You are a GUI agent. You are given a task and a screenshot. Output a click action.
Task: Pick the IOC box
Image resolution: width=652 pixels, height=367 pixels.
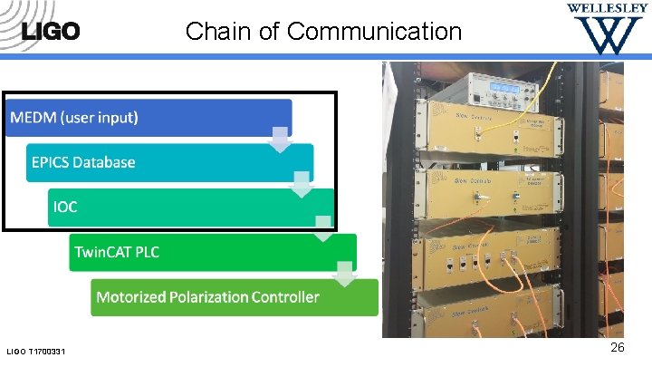[x=190, y=207]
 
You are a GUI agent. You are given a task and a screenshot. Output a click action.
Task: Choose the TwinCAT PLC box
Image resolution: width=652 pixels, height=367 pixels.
[x=213, y=252]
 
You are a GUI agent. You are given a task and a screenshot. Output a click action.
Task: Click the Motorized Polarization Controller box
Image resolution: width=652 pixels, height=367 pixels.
[x=234, y=296]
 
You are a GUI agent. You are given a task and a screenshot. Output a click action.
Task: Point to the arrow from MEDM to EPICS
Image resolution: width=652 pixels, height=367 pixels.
[x=281, y=140]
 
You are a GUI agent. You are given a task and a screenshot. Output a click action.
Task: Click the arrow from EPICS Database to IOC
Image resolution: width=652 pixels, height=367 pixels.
[x=302, y=185]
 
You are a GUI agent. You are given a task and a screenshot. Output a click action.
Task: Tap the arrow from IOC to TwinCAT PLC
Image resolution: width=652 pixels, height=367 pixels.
[x=323, y=228]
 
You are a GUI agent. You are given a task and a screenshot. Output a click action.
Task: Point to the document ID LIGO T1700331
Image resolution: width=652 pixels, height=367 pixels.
[x=42, y=351]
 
